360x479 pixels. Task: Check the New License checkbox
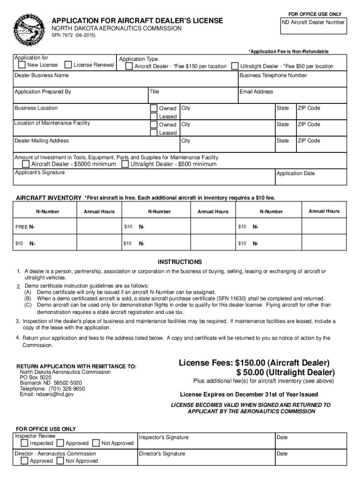pos(22,65)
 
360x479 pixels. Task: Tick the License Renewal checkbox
pos(68,65)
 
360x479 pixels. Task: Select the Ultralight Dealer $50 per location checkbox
pos(236,66)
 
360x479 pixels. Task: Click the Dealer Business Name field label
pos(42,75)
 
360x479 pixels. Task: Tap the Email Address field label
pos(256,92)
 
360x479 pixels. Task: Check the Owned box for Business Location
pos(153,108)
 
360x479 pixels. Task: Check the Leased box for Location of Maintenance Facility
pos(153,133)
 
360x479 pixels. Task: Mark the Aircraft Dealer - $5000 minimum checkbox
pos(26,164)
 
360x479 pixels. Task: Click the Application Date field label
pos(295,174)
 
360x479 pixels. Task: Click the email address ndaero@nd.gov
pos(47,394)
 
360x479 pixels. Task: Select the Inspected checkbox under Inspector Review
pos(25,443)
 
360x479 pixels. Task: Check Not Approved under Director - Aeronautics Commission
pos(60,461)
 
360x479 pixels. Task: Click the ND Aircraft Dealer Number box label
pos(313,22)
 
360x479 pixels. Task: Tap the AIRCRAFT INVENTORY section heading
pos(49,198)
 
